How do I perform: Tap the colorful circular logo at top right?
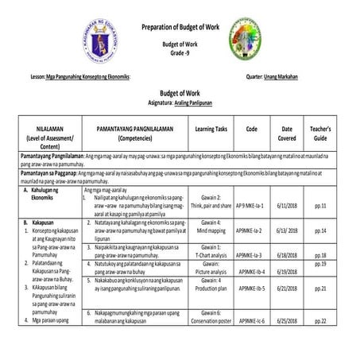[250, 38]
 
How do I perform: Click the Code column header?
[251, 128]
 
